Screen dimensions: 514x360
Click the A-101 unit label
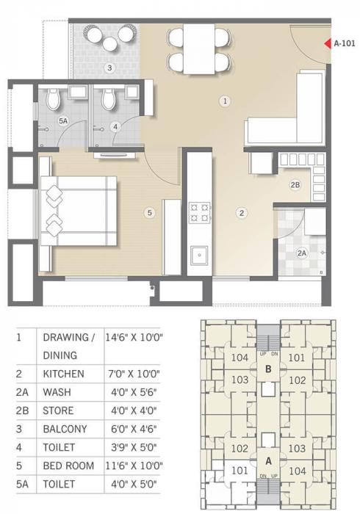click(x=345, y=43)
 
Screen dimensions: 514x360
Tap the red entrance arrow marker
click(x=328, y=43)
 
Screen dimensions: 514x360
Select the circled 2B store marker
click(x=295, y=185)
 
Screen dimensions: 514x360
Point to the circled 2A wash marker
click(x=301, y=253)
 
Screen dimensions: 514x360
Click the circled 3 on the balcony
click(x=109, y=68)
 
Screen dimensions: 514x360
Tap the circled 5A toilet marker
click(x=63, y=120)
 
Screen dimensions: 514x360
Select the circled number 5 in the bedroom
click(x=149, y=213)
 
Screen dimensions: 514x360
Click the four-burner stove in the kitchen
click(x=199, y=212)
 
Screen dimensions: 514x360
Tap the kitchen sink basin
click(x=198, y=256)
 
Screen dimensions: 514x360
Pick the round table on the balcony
click(x=109, y=44)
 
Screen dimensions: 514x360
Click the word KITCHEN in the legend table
click(x=63, y=374)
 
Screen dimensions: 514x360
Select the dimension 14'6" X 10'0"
click(x=133, y=337)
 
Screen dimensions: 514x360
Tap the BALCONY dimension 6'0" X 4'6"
click(x=133, y=429)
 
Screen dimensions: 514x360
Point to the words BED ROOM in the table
click(x=68, y=466)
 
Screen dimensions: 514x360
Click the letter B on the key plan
click(x=269, y=369)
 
